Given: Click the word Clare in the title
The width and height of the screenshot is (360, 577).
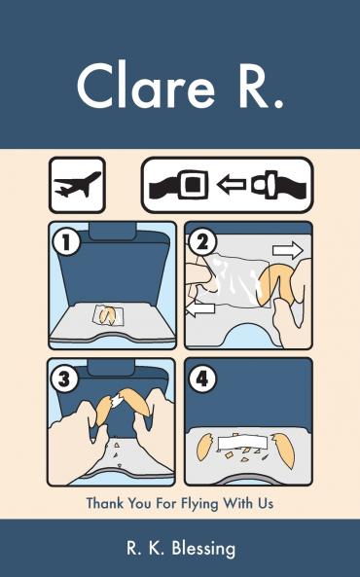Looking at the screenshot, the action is pos(146,86).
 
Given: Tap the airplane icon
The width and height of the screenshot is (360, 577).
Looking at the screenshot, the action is pos(77,185).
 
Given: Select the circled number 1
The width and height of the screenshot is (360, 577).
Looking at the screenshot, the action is pos(66,242).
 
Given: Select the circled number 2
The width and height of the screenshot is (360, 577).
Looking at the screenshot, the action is pos(202,241).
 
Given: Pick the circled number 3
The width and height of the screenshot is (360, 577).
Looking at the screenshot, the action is pos(65,378).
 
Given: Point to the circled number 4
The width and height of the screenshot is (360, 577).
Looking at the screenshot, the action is pos(202,378).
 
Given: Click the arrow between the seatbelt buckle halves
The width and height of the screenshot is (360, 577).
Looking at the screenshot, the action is pos(232,184).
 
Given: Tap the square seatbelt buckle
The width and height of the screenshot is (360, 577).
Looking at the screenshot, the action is pos(193,184).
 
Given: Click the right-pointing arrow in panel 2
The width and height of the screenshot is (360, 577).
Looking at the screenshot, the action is pos(288,251).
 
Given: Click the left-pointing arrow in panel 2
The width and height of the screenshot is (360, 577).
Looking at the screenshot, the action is pos(200,308).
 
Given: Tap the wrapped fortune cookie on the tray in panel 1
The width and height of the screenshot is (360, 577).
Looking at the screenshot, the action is pos(108,315).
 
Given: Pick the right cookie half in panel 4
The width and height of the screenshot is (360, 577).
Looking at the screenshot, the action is pos(283,451).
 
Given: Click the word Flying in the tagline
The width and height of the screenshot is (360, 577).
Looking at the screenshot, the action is pos(198,504).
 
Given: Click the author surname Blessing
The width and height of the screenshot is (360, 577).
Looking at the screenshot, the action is pos(203,549).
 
